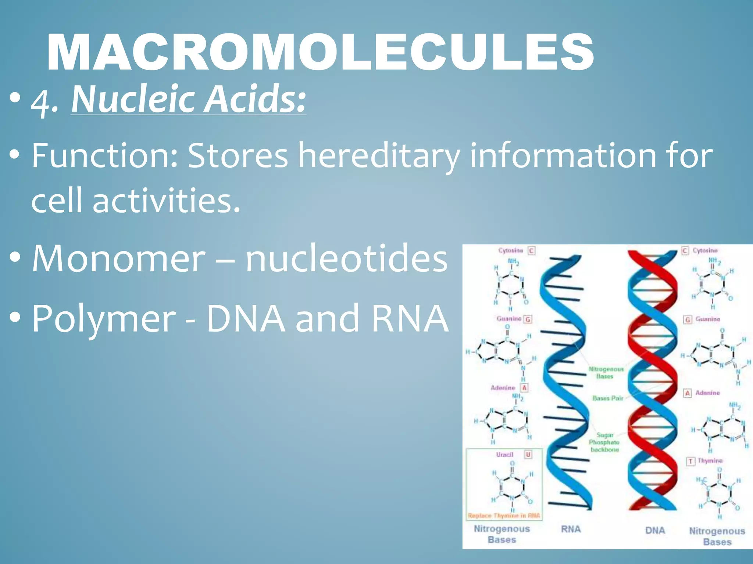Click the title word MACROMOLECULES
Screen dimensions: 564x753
pyautogui.click(x=320, y=52)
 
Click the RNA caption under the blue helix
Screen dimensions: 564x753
pyautogui.click(x=571, y=529)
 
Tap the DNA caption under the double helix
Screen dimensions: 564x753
pyautogui.click(x=655, y=531)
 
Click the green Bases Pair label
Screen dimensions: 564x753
pyautogui.click(x=608, y=398)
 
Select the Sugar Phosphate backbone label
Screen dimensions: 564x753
pyautogui.click(x=604, y=442)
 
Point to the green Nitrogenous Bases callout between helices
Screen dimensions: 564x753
pyautogui.click(x=606, y=372)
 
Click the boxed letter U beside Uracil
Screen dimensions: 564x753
pyautogui.click(x=528, y=455)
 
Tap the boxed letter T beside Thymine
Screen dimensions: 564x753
pyautogui.click(x=690, y=461)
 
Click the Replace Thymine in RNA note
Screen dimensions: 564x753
pyautogui.click(x=504, y=516)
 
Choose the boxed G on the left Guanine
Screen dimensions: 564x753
pyautogui.click(x=528, y=319)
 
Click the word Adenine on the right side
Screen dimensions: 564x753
pyautogui.click(x=707, y=393)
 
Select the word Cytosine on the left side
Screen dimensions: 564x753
pyautogui.click(x=511, y=250)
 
